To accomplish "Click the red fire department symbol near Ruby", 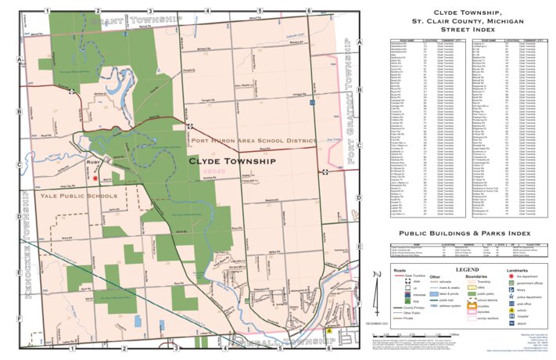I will [95, 178].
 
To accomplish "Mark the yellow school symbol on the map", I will [329, 331].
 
